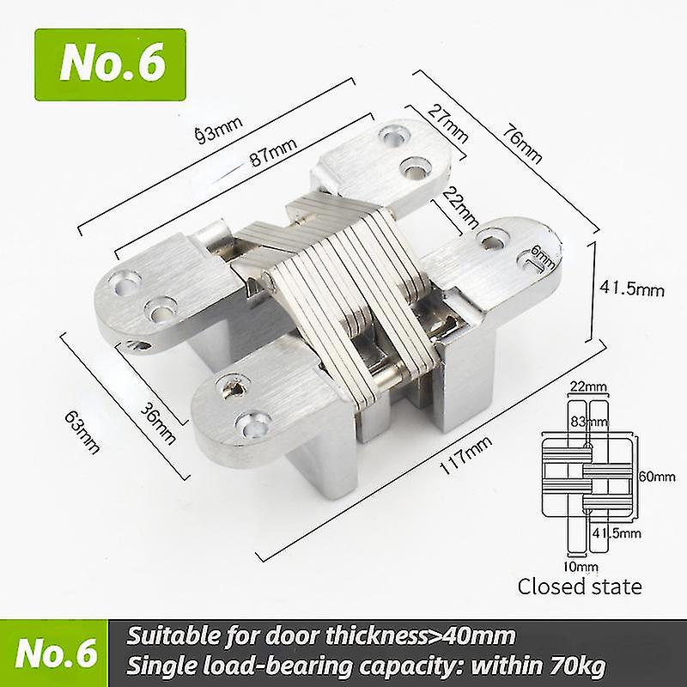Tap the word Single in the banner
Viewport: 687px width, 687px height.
point(160,665)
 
